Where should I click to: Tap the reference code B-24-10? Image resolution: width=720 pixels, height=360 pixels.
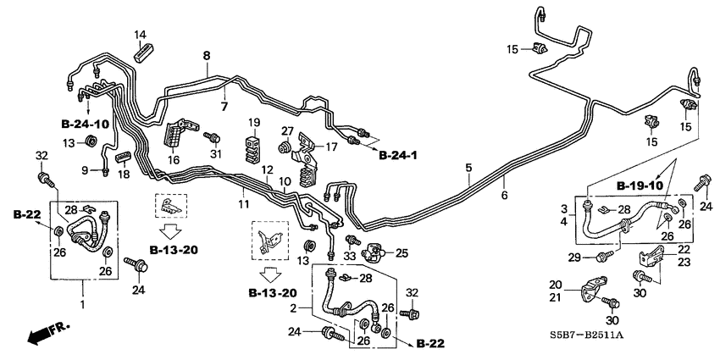tap(86, 124)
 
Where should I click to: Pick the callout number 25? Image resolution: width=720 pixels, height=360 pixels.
tap(402, 252)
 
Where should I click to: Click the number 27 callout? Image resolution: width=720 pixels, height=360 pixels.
tap(287, 131)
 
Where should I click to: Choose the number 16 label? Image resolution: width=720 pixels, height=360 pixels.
tap(174, 159)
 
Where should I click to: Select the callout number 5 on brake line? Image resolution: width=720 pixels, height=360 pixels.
tap(468, 169)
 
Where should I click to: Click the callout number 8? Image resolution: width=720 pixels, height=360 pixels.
tap(204, 55)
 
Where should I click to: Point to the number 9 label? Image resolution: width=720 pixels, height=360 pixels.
tap(85, 170)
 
